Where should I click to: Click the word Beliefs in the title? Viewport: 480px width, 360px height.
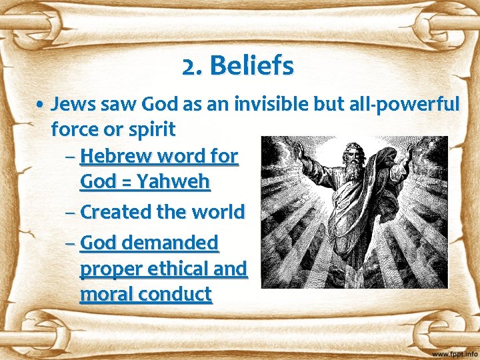pos(251,66)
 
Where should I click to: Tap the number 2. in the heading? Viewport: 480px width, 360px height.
pos(193,66)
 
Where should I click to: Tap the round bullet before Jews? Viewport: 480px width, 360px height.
pos(41,105)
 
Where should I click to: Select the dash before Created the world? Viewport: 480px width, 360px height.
pos(71,212)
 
